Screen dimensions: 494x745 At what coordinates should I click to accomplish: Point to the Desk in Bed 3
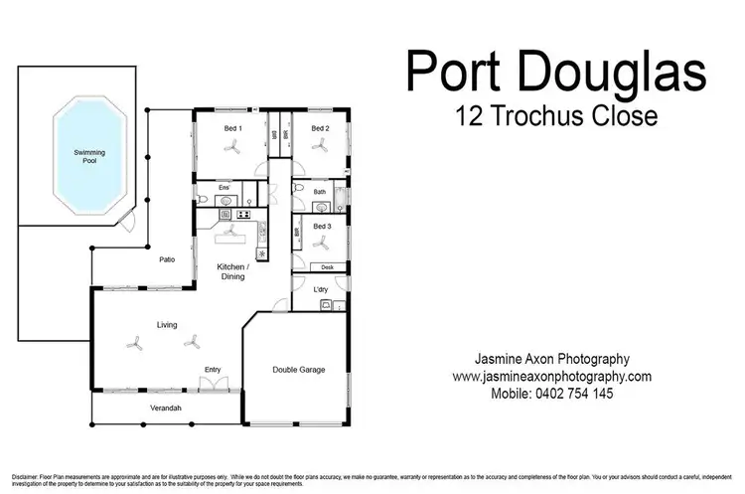click(x=328, y=266)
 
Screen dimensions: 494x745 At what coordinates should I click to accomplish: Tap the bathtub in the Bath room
click(x=342, y=199)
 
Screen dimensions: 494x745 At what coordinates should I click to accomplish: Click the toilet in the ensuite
click(x=202, y=201)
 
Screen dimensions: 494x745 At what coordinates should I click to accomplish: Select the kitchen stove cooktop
click(x=241, y=213)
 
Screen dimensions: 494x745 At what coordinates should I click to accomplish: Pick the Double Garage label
click(x=299, y=370)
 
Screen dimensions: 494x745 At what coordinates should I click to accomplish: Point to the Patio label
click(x=168, y=259)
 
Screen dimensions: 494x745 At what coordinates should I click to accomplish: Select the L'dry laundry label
click(x=321, y=289)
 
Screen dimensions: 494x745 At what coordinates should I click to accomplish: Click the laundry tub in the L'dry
click(x=325, y=305)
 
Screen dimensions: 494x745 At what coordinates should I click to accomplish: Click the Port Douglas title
click(x=555, y=76)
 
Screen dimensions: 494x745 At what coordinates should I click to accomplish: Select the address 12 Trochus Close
click(x=555, y=116)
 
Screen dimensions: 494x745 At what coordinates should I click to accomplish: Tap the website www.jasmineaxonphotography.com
click(x=551, y=377)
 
